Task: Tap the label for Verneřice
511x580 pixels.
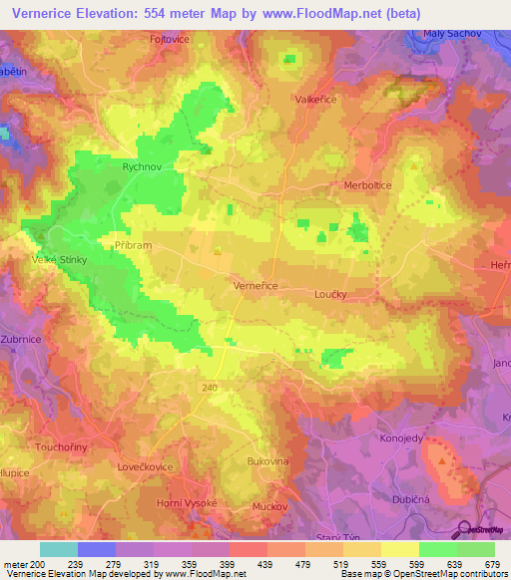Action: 255,285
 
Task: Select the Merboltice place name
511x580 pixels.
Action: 369,185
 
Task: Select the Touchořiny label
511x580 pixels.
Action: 62,447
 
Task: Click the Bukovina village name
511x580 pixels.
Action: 267,461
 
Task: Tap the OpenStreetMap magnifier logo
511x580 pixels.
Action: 462,529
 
